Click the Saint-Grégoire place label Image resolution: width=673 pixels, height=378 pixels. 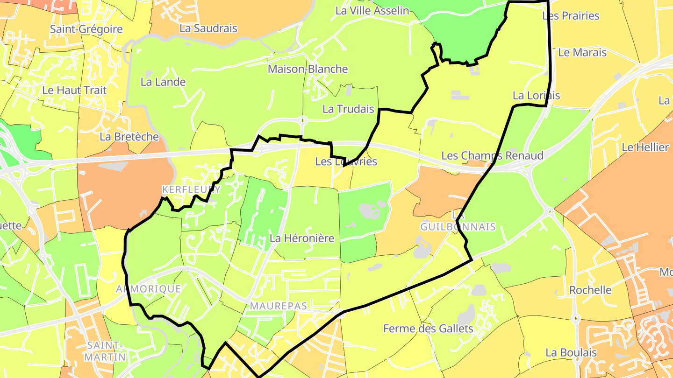(86, 29)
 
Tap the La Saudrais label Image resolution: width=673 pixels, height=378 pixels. (208, 28)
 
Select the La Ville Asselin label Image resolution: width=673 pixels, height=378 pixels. (372, 10)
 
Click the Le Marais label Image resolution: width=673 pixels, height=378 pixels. (582, 52)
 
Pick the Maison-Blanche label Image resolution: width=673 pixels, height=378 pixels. (308, 69)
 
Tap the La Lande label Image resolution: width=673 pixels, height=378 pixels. (163, 82)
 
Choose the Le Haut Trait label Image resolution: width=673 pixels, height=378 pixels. (74, 90)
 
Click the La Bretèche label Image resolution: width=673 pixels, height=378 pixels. (129, 137)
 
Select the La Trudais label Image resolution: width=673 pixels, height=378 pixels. (348, 109)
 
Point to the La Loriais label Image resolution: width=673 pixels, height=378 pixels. (536, 95)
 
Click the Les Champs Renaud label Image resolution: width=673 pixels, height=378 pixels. (492, 155)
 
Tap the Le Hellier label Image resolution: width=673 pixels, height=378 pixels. (645, 147)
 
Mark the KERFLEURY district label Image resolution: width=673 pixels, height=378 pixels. (191, 189)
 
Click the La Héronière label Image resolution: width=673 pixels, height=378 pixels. (302, 238)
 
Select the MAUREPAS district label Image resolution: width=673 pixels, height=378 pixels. (279, 306)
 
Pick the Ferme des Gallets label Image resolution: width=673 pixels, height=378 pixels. (428, 329)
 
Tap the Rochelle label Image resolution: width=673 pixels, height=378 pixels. (590, 290)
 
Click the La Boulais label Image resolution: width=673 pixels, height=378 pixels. (571, 352)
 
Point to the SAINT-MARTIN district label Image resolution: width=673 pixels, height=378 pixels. (107, 351)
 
